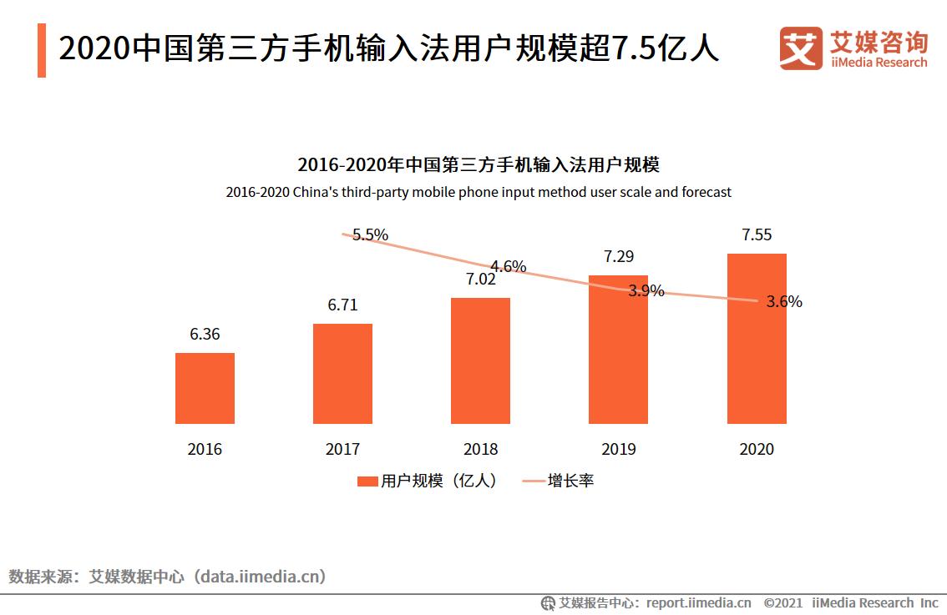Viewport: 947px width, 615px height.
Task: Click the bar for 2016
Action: click(x=205, y=388)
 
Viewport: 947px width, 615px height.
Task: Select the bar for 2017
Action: click(x=342, y=374)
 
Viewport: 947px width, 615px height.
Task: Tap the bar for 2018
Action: click(x=480, y=360)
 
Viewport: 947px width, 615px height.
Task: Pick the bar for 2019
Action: click(x=618, y=349)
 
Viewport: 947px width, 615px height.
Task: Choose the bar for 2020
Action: click(x=757, y=338)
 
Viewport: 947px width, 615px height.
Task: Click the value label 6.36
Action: click(x=205, y=334)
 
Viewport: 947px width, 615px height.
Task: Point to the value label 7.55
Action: click(x=757, y=234)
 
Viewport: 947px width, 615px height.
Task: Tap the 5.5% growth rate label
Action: click(x=370, y=235)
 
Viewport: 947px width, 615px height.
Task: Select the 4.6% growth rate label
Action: click(x=508, y=267)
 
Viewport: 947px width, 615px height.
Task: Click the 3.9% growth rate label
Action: click(x=646, y=290)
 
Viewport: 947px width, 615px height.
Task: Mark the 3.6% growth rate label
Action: click(x=784, y=302)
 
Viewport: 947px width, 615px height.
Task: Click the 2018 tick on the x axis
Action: click(x=480, y=449)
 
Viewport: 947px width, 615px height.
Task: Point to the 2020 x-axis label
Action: click(x=757, y=449)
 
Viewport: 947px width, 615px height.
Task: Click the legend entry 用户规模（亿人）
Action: click(x=427, y=481)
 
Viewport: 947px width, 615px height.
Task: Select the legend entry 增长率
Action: click(x=559, y=481)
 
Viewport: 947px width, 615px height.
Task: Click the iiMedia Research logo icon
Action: click(x=801, y=48)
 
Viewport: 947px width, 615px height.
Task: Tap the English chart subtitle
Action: click(x=479, y=192)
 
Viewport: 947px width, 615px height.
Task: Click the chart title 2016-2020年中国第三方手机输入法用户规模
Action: click(x=479, y=164)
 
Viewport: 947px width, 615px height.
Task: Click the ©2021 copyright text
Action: click(x=782, y=602)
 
